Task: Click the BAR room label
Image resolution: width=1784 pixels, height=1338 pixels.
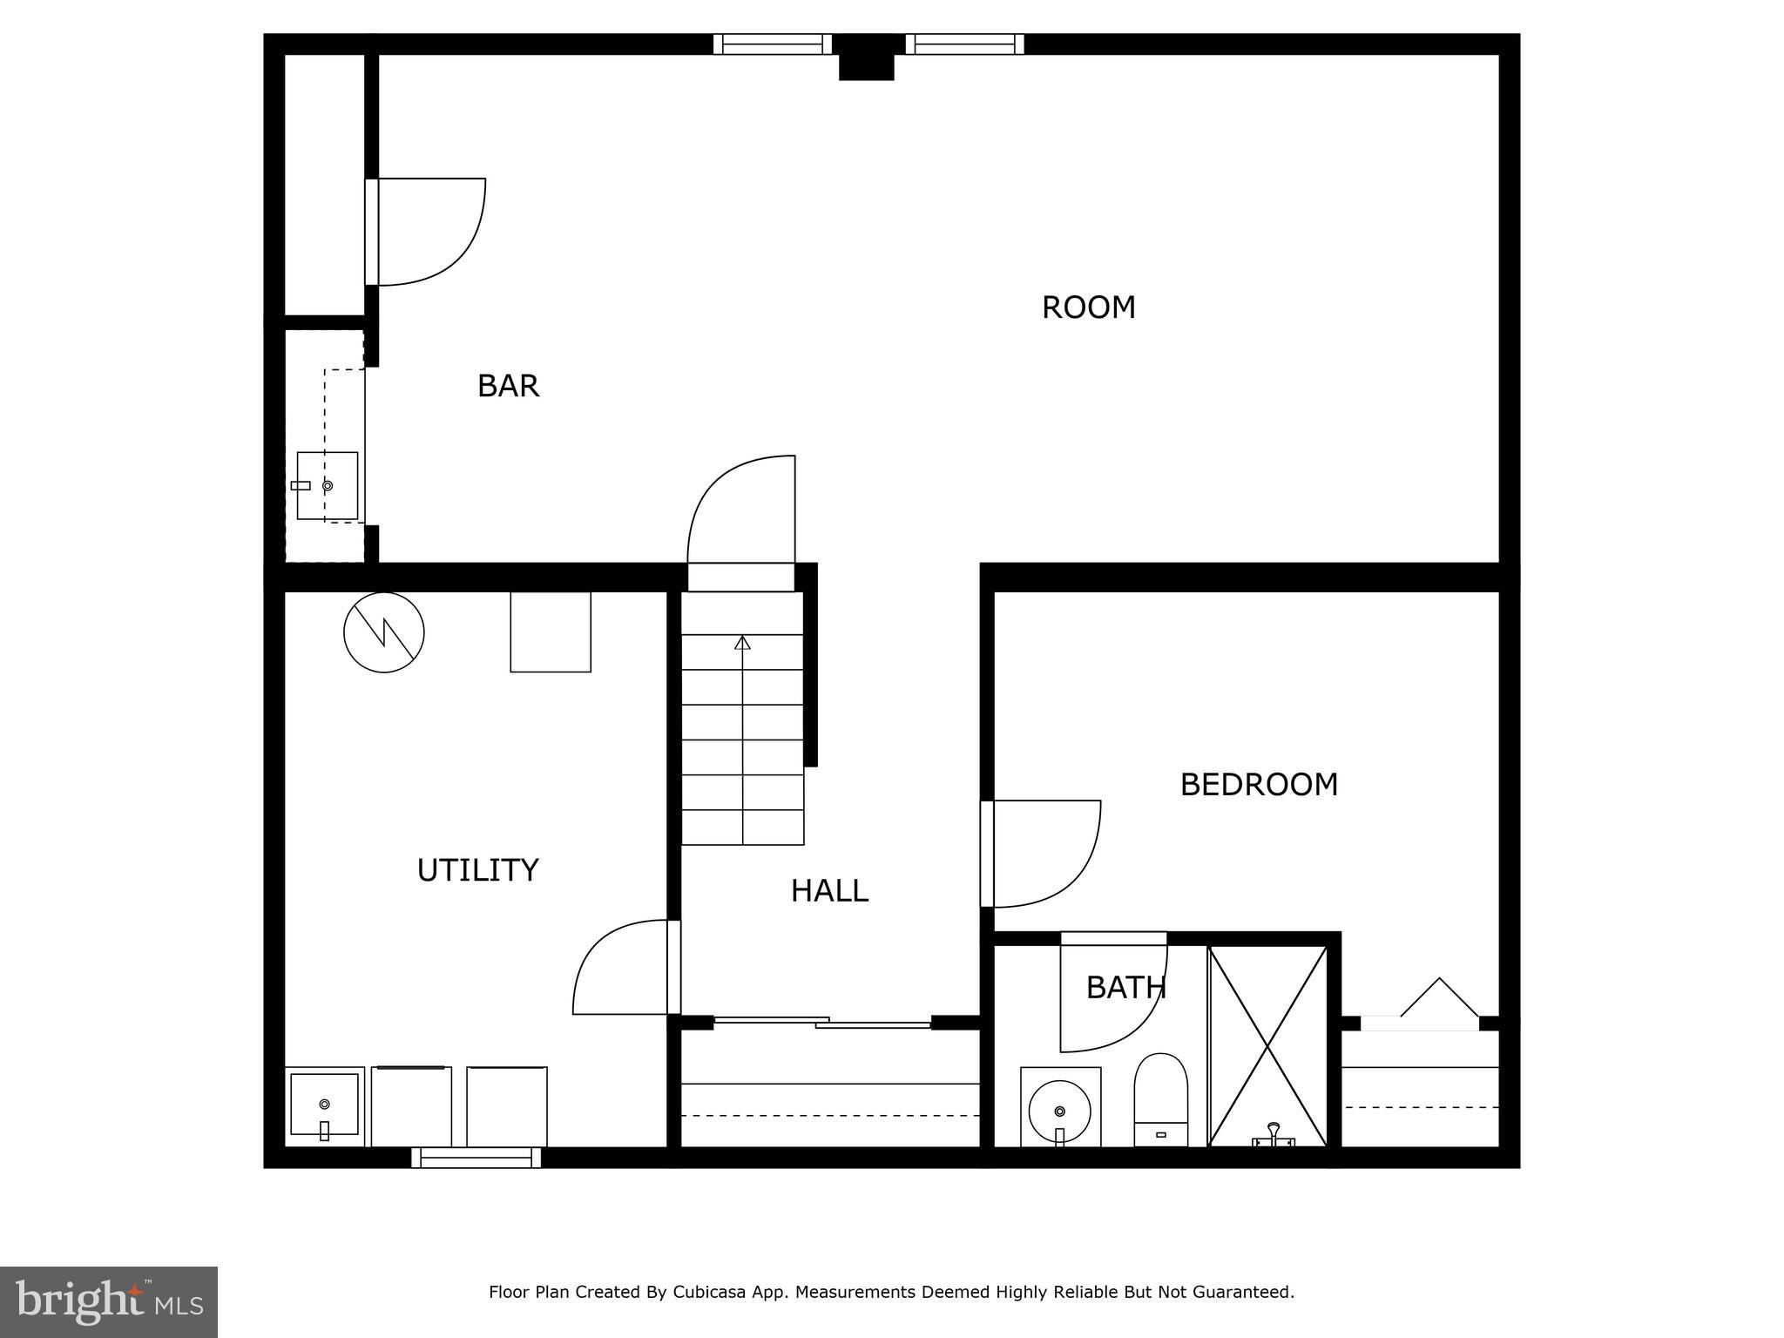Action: pyautogui.click(x=508, y=386)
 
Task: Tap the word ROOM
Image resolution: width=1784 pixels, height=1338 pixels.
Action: pyautogui.click(x=1088, y=307)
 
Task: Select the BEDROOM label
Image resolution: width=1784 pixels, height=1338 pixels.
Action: pyautogui.click(x=1258, y=785)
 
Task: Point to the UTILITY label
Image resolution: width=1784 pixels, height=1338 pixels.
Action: pyautogui.click(x=477, y=870)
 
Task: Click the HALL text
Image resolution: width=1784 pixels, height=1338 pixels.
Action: pyautogui.click(x=828, y=891)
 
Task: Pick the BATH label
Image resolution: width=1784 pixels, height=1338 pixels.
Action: pyautogui.click(x=1125, y=988)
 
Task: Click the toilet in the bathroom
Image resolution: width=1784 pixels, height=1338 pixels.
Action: pyautogui.click(x=1160, y=1101)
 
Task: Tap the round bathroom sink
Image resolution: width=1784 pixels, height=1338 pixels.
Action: pyautogui.click(x=1059, y=1111)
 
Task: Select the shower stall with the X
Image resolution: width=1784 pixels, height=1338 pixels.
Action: pyautogui.click(x=1267, y=1045)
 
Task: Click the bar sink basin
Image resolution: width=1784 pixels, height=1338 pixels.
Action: pyautogui.click(x=327, y=486)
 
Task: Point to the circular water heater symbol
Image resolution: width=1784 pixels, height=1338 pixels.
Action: pyautogui.click(x=384, y=632)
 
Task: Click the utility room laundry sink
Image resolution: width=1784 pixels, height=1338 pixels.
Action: pyautogui.click(x=324, y=1105)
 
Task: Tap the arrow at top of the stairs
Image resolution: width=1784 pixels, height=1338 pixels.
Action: pyautogui.click(x=742, y=643)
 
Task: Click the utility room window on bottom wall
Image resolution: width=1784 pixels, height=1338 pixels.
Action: pyautogui.click(x=476, y=1158)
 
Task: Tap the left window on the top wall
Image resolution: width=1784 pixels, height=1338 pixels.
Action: pyautogui.click(x=772, y=44)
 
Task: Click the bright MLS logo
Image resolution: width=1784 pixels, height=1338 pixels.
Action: pyautogui.click(x=109, y=1301)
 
